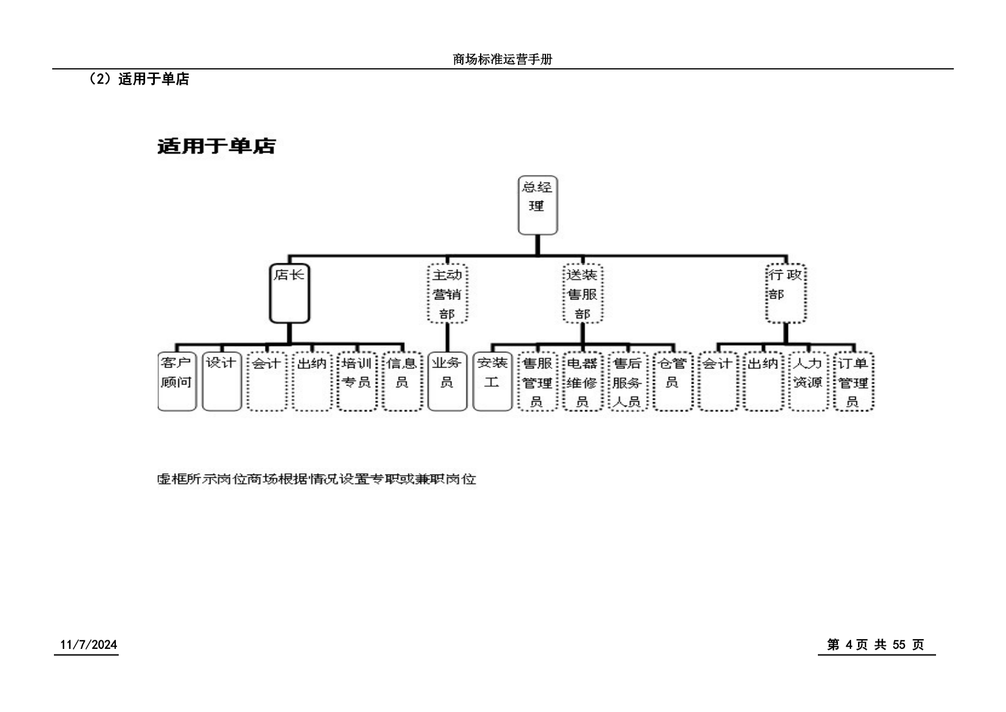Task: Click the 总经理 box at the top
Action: click(x=537, y=205)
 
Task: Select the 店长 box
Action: click(x=290, y=293)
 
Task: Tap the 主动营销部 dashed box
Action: click(x=447, y=293)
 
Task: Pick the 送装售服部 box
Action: click(x=583, y=293)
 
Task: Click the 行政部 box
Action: click(x=786, y=293)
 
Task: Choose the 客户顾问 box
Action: click(x=177, y=382)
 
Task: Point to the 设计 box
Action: click(x=221, y=382)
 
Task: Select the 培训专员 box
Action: click(x=357, y=382)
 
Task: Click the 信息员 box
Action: click(x=402, y=382)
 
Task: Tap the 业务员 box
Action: click(x=447, y=382)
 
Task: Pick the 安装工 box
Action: click(x=492, y=382)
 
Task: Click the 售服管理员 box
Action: click(x=537, y=382)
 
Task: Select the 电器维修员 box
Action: click(x=583, y=382)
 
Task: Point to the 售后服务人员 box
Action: click(x=627, y=382)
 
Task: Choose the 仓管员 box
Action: click(x=673, y=382)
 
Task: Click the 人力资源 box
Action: click(x=808, y=382)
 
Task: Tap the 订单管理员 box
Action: click(x=853, y=382)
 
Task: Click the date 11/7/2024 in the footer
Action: click(x=89, y=645)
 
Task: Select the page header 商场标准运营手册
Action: click(x=502, y=59)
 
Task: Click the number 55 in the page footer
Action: click(x=899, y=645)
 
